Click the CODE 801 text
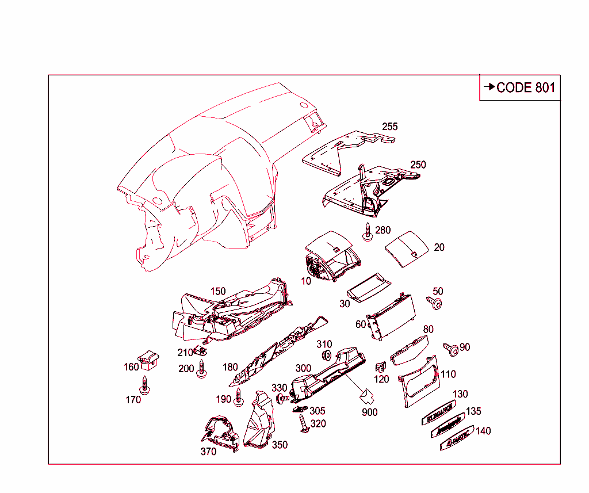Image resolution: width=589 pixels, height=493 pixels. [526, 87]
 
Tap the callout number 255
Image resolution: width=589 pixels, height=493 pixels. [389, 127]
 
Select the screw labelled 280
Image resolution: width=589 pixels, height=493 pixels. [368, 231]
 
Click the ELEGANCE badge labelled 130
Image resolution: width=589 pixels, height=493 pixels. [439, 412]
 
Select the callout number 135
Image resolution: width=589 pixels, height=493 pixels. [473, 411]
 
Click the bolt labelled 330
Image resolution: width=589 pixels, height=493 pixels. [282, 398]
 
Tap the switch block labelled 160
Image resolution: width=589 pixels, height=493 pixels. [150, 359]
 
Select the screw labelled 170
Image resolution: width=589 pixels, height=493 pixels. [146, 385]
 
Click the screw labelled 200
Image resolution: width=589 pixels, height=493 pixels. [201, 369]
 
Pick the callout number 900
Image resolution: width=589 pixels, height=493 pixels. [370, 412]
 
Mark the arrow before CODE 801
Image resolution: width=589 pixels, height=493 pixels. [489, 87]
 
